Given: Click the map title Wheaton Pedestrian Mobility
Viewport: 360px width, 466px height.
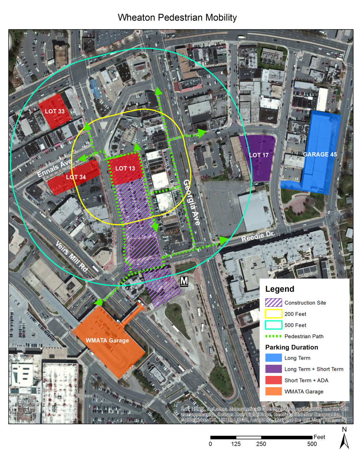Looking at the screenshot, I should point(177,17).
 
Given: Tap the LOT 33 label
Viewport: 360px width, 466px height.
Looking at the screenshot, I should point(54,111).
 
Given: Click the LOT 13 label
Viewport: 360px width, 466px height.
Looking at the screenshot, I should point(125,169).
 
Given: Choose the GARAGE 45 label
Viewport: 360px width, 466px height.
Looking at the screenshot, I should point(320,154).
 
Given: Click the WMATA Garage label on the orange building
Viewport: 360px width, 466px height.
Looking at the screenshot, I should point(107,341).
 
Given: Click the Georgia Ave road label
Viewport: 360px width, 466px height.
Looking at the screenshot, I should point(192,202).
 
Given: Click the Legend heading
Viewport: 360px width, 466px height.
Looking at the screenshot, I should point(280,289).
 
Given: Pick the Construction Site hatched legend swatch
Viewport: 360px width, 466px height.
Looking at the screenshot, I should point(273,303).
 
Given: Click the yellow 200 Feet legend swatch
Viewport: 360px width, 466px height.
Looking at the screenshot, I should point(273,314).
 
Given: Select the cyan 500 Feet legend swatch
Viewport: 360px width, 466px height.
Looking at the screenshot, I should point(273,325).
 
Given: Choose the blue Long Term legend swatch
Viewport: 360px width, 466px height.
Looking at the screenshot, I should point(273,358).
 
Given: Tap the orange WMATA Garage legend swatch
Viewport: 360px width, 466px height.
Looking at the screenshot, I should point(273,391).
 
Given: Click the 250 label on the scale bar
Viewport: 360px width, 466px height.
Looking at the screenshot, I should point(261,444).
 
